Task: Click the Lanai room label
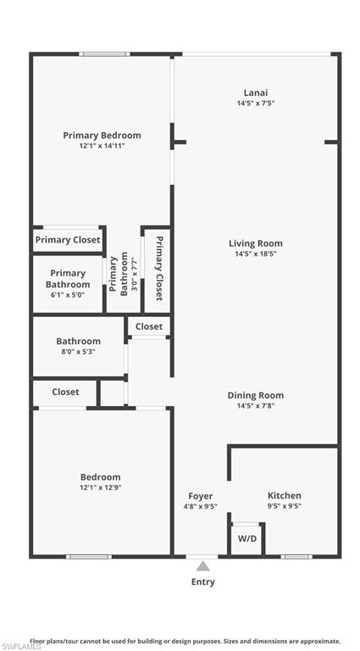(256, 92)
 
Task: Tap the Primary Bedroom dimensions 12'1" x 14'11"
(102, 146)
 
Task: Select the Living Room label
(256, 243)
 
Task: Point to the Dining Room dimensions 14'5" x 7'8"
(256, 406)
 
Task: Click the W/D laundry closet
(246, 539)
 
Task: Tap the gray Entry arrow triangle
(202, 566)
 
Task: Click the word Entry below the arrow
(202, 582)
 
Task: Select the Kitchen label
(285, 495)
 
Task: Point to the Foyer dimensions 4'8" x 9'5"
(201, 506)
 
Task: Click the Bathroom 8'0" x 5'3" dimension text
(79, 352)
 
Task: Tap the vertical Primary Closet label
(159, 268)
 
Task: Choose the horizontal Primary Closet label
(68, 240)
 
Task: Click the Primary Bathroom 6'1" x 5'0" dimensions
(68, 295)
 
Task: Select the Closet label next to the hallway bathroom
(149, 326)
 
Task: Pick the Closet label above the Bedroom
(65, 392)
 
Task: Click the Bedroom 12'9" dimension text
(100, 487)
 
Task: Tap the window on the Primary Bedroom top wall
(104, 54)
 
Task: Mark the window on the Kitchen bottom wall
(296, 556)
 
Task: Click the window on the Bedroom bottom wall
(89, 556)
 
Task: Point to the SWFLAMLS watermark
(21, 647)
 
